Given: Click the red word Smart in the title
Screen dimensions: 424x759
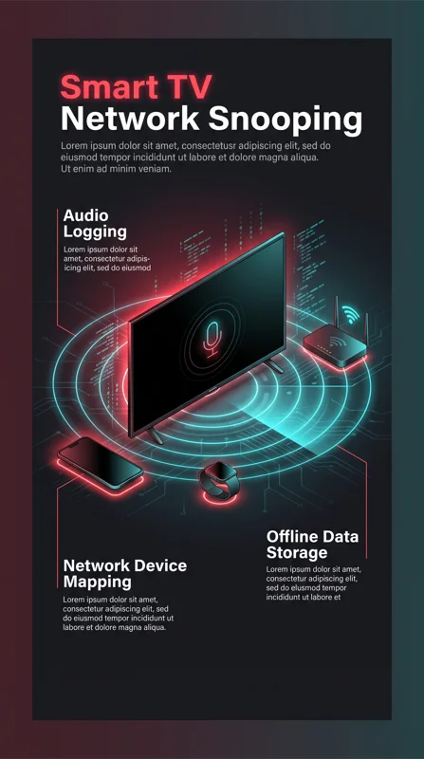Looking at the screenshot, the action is (109, 87).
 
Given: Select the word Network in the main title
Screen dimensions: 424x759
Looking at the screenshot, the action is (130, 120).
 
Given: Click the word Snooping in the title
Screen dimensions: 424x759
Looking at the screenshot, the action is (286, 121).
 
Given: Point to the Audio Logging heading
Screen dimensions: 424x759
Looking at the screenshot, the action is (95, 224).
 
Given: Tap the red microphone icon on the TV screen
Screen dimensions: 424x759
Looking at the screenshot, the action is (212, 339).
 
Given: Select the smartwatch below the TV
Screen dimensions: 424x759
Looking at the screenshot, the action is (219, 481).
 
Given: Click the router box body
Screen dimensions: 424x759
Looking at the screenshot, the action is (336, 345).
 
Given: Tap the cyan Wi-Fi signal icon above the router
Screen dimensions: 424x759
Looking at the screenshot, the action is (350, 315).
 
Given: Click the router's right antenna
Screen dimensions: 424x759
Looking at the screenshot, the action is (366, 325).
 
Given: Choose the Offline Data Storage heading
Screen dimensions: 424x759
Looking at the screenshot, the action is (312, 545).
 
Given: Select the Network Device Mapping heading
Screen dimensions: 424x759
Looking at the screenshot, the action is (125, 574).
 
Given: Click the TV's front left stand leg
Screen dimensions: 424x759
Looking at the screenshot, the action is (156, 435).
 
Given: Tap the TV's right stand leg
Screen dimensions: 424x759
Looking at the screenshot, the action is (274, 366).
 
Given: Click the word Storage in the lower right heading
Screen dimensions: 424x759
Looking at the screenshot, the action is (297, 553).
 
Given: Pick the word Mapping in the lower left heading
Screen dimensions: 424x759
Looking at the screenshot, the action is (98, 582).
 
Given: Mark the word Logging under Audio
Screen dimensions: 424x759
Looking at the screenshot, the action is (95, 232).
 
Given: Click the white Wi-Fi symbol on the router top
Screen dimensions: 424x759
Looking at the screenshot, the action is (337, 342).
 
